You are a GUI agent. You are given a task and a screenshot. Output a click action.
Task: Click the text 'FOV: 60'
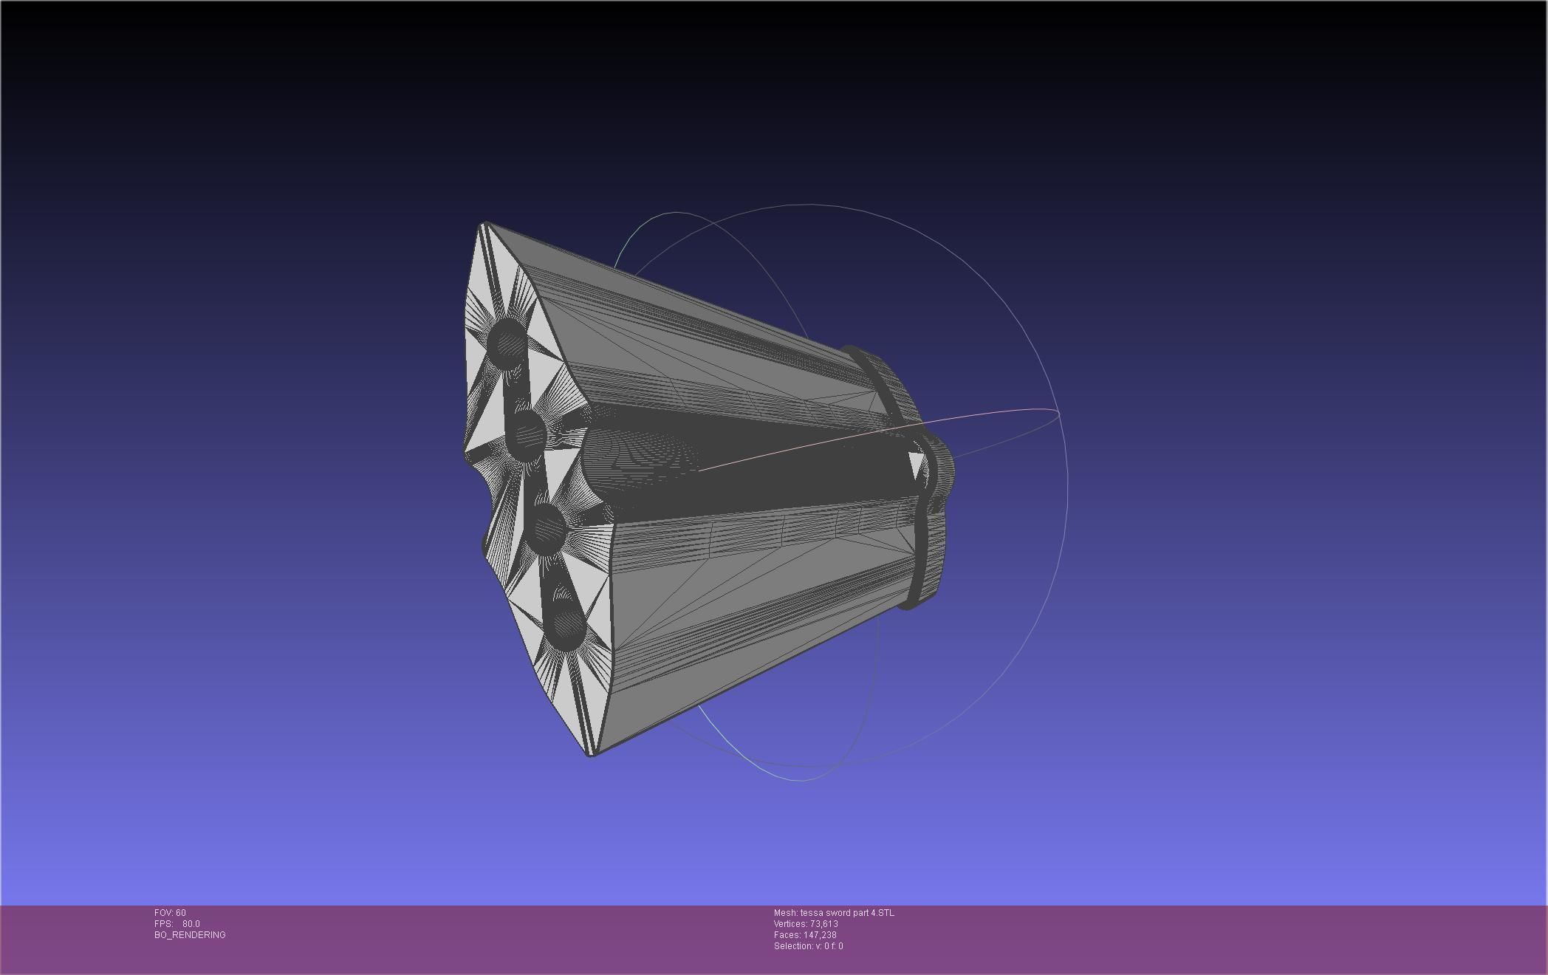tap(170, 913)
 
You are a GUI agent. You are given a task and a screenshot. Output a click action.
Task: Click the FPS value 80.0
tap(191, 924)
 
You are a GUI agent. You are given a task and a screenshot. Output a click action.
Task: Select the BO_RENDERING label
tap(190, 935)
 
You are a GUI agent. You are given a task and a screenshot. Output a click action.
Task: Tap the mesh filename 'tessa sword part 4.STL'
tap(846, 913)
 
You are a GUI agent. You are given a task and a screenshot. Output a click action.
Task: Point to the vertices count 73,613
tap(823, 924)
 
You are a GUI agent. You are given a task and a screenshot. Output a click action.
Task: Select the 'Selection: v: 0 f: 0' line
tap(808, 946)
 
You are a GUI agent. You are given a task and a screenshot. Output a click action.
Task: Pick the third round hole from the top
tap(549, 529)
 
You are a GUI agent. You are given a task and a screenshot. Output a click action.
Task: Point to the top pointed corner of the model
tap(484, 224)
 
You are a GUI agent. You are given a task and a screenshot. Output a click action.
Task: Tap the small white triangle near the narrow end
tap(916, 466)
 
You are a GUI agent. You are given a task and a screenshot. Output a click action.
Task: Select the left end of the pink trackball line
tap(700, 469)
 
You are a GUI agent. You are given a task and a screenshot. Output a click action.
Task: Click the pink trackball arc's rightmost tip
tap(1058, 413)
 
